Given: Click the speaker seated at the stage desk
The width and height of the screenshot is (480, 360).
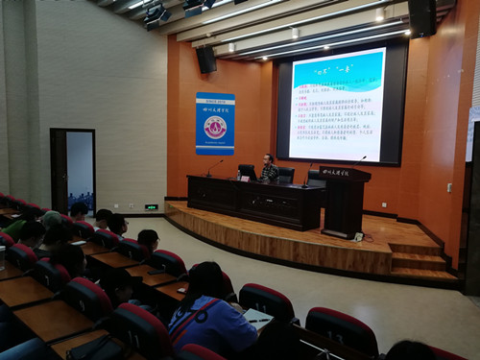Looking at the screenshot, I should pos(270,168).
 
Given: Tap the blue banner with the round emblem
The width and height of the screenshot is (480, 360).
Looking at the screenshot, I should pos(215,124).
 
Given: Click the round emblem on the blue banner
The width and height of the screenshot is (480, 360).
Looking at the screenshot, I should pos(215,126).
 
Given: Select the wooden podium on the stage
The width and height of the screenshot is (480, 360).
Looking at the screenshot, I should pos(345,201).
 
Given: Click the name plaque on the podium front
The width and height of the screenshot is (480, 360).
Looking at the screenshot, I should pos(335,172).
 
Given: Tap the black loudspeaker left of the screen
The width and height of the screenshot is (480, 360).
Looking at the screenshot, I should pos(206,60).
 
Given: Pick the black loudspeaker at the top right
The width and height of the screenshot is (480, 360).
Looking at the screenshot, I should pos(422,16).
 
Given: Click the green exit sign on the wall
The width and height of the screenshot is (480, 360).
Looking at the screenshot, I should pos(151,206).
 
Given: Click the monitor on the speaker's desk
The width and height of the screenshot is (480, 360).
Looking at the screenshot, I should pos(248,172).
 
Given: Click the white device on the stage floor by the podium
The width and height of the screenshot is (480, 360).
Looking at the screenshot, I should pos(359,236).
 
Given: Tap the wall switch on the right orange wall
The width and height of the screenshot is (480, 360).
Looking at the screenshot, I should pos(448,187).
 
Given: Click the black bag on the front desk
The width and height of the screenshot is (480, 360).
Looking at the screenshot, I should pos(96,348).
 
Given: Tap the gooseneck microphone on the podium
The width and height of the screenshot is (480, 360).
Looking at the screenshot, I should pos(360,159).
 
